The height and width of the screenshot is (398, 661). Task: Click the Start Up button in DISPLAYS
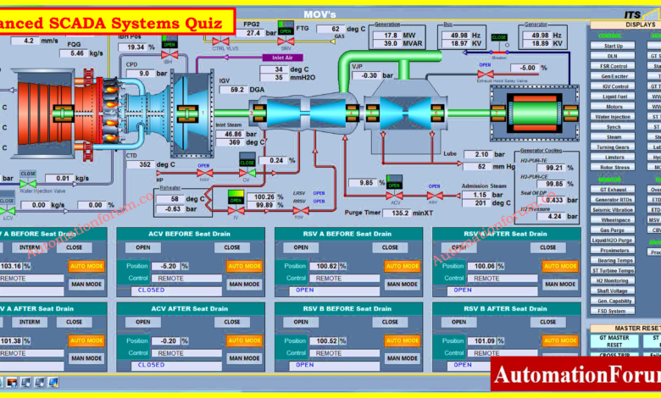click(614, 46)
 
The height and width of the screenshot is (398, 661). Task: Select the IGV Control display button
click(614, 86)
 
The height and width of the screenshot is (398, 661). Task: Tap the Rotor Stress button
click(614, 167)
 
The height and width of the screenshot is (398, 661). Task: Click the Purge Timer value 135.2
click(401, 213)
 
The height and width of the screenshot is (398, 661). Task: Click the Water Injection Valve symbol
click(28, 183)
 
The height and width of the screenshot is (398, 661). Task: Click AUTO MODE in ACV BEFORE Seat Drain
click(244, 266)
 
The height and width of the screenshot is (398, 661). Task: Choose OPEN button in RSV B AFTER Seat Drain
click(458, 323)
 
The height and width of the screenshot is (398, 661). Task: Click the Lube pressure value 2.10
click(482, 154)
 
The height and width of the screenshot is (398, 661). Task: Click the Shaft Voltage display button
click(614, 290)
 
